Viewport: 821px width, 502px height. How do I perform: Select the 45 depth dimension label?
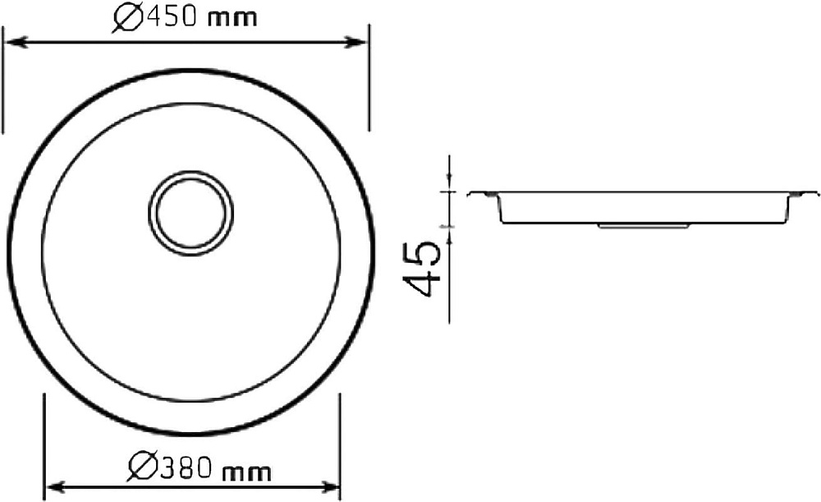pyautogui.click(x=421, y=269)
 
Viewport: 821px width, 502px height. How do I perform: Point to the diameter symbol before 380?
pyautogui.click(x=142, y=468)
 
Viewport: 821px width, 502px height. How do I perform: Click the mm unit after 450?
pyautogui.click(x=232, y=20)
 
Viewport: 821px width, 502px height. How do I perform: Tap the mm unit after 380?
pyautogui.click(x=247, y=472)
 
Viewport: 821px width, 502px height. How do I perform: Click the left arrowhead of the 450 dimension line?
pyautogui.click(x=16, y=42)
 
